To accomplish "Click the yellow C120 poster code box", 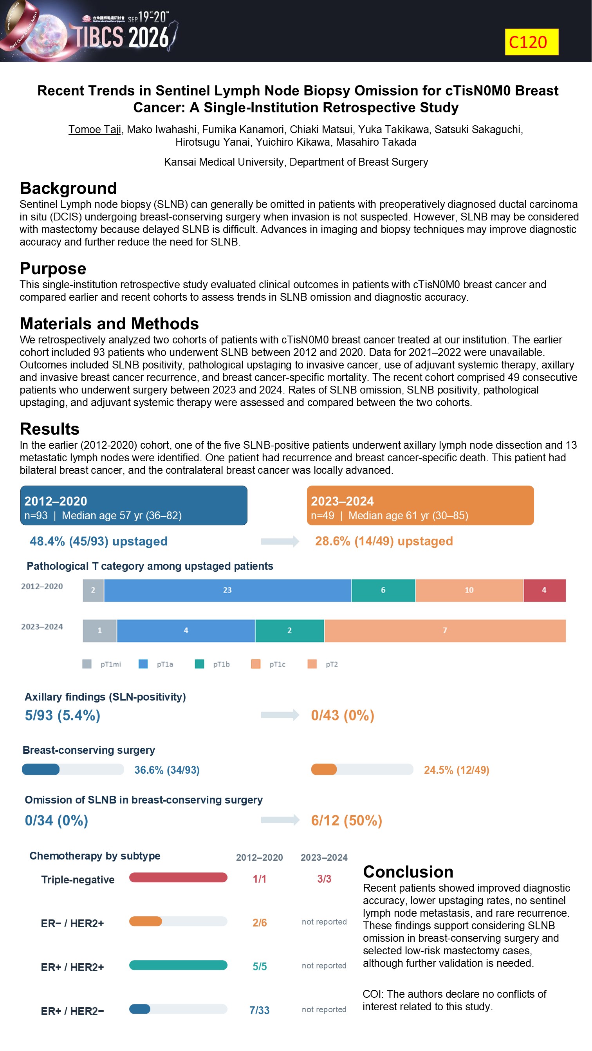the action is [x=532, y=42].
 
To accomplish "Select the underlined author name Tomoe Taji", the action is [x=95, y=129].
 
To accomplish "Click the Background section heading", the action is [x=68, y=188].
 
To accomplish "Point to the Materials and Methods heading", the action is [x=109, y=323].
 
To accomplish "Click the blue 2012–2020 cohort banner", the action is [x=134, y=505].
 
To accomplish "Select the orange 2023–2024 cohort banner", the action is [x=420, y=505].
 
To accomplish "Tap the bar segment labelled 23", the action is [x=227, y=590].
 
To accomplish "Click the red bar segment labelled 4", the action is [x=545, y=590].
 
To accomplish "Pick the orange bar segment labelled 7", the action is [x=445, y=630].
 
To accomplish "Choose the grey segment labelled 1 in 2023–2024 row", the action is [x=99, y=630].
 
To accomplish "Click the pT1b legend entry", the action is [x=213, y=664].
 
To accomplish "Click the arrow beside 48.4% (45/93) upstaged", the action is [x=280, y=542].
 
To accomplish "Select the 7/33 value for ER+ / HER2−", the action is [x=260, y=1010].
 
